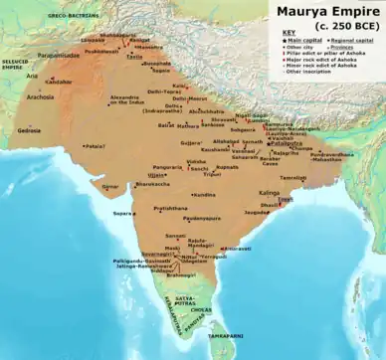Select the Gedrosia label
pyautogui.click(x=28, y=130)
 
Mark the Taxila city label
pyautogui.click(x=134, y=57)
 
